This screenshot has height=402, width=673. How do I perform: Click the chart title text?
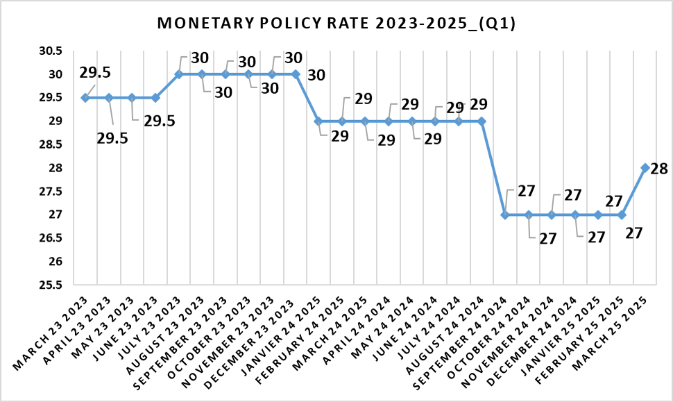(x=336, y=24)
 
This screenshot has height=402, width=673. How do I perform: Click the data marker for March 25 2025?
(x=645, y=168)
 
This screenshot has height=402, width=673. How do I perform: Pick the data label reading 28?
(x=660, y=169)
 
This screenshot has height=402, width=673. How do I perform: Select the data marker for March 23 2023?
(x=85, y=98)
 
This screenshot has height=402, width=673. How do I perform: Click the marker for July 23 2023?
(x=178, y=74)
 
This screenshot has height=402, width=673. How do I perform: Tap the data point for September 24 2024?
(x=505, y=215)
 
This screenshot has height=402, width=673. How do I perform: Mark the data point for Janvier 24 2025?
(x=318, y=122)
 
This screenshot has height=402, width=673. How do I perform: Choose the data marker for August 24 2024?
(x=482, y=122)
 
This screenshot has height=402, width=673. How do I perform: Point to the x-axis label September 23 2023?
(x=196, y=330)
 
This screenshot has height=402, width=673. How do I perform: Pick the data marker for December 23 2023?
(x=296, y=74)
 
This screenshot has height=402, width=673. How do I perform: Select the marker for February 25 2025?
(x=622, y=215)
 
